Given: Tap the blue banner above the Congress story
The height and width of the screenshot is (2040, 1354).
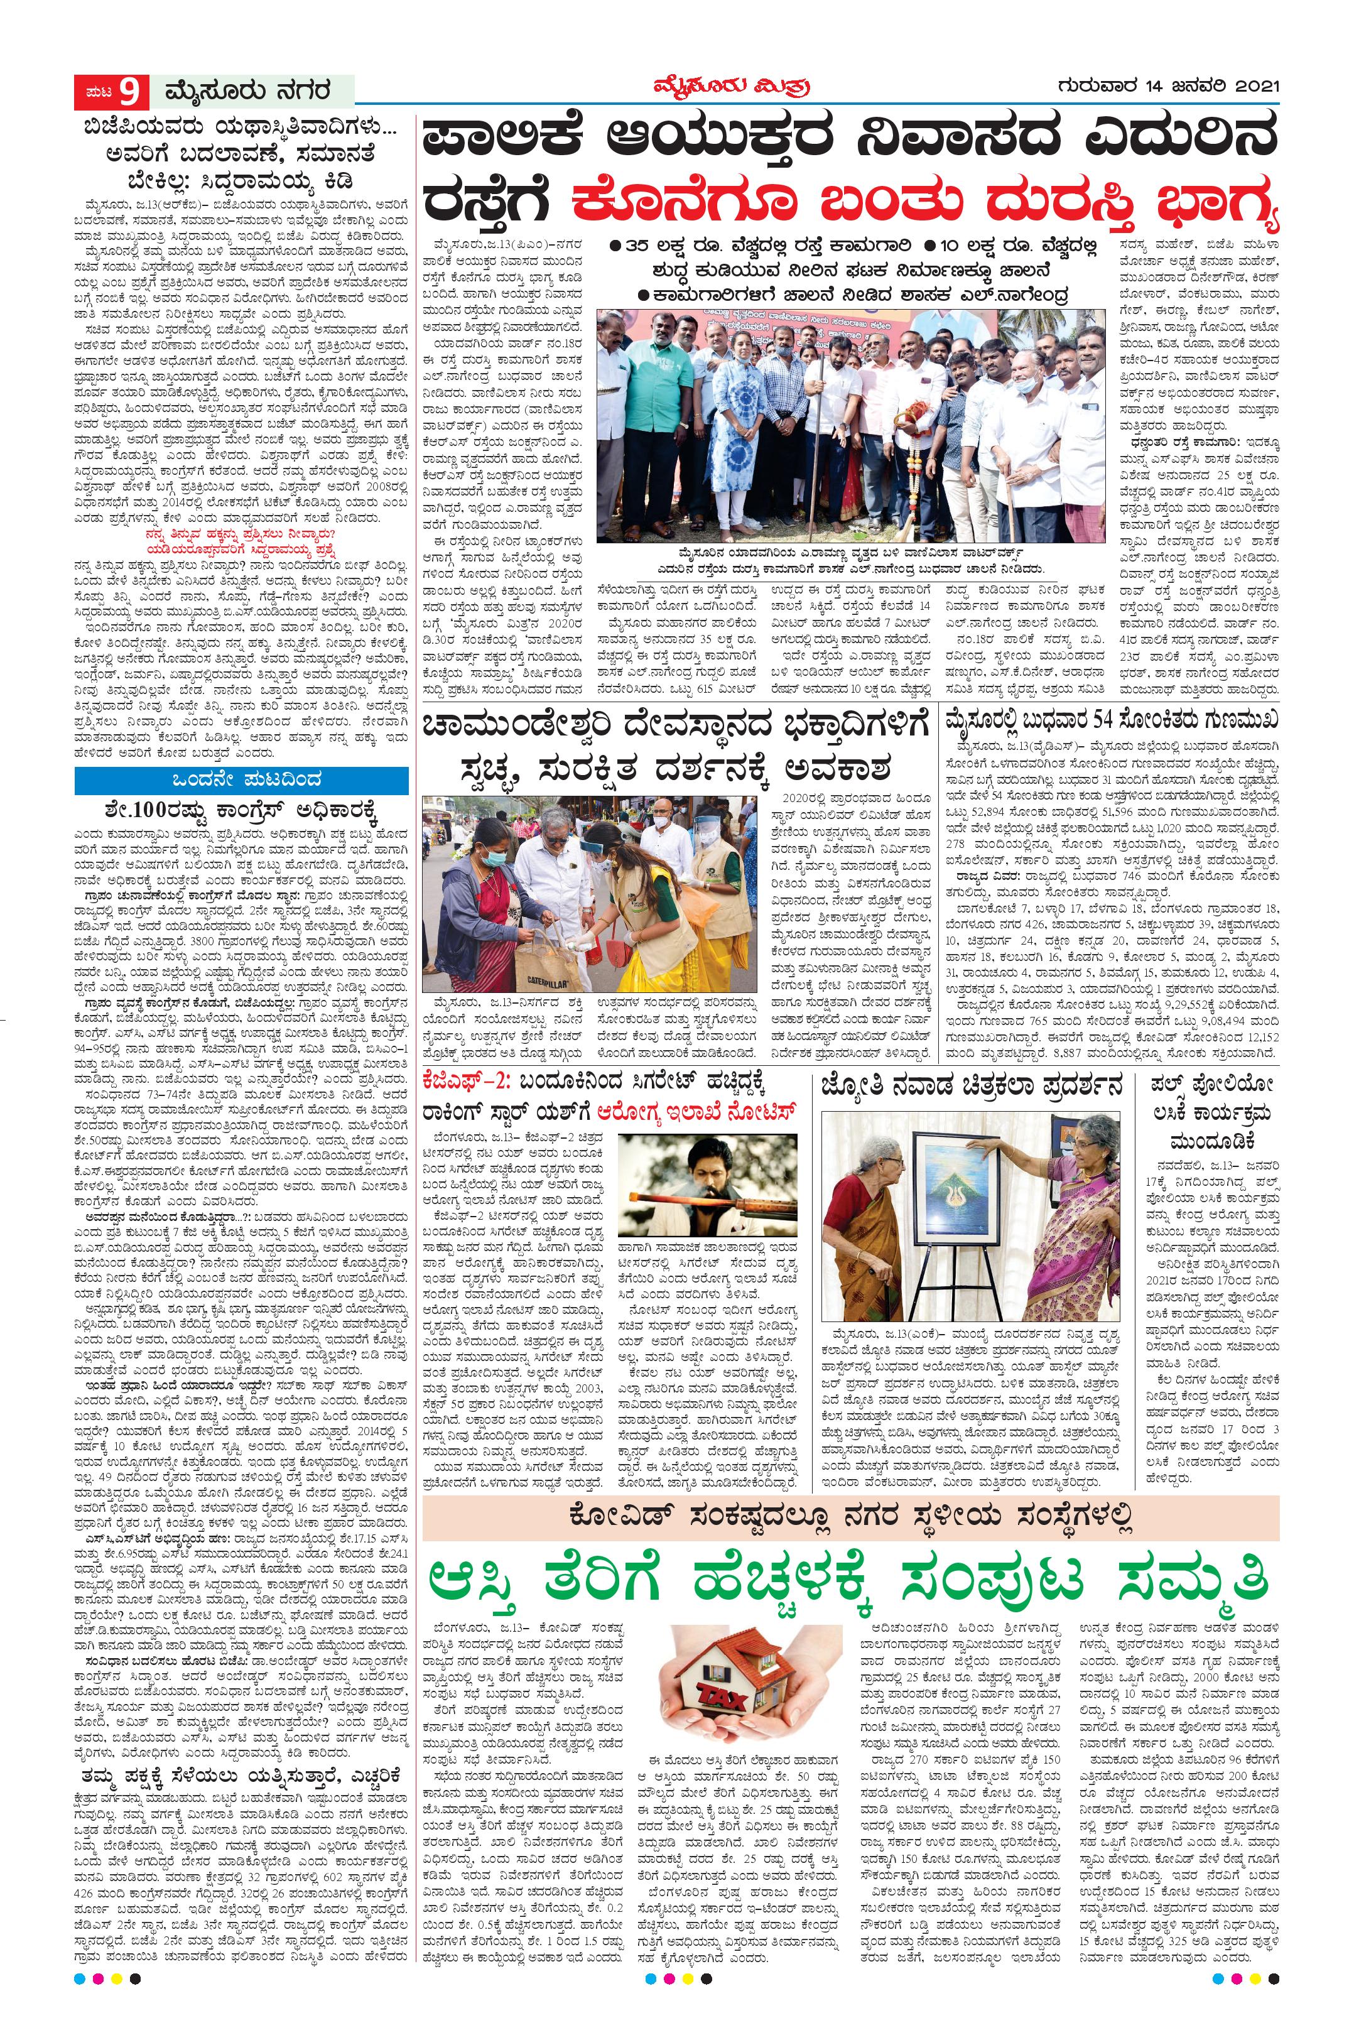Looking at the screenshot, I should (241, 780).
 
